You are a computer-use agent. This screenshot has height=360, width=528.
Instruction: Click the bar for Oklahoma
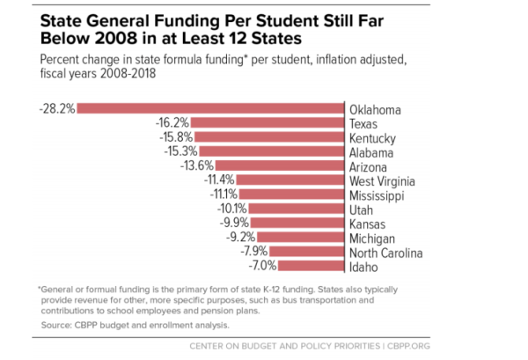(211, 109)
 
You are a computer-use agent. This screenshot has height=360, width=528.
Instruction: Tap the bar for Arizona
(279, 166)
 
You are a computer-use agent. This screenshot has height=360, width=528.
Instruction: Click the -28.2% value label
(57, 109)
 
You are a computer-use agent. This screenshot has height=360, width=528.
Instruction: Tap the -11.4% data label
(218, 180)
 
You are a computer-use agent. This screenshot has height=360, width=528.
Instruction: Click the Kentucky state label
(372, 138)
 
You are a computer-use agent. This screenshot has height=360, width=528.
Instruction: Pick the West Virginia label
(383, 180)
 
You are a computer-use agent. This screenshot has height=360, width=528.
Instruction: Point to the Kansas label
(367, 224)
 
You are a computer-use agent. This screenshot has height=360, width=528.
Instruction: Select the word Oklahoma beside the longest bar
(375, 109)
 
